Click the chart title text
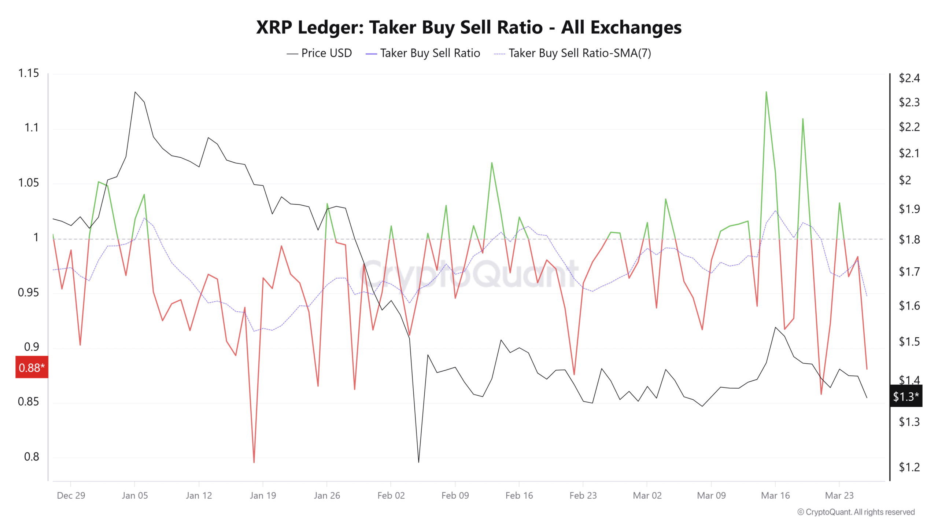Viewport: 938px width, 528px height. (x=469, y=27)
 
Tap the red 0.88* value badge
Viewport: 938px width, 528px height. (x=32, y=367)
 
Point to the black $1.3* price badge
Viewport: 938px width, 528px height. (x=905, y=396)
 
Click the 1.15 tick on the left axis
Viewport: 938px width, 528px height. (x=29, y=73)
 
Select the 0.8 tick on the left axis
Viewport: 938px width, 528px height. (x=32, y=456)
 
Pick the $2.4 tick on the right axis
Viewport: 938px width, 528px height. (x=909, y=78)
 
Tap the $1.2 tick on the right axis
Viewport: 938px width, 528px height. (x=909, y=467)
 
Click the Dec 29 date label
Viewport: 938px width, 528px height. (x=71, y=495)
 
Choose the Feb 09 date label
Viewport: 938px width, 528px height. (x=455, y=495)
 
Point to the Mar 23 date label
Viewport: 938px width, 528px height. (x=839, y=495)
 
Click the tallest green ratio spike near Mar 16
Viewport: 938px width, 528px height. (x=766, y=92)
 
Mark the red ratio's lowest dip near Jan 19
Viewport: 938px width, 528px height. (x=254, y=462)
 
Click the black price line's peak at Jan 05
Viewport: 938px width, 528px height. (x=135, y=92)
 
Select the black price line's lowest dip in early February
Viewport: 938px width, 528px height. (x=418, y=462)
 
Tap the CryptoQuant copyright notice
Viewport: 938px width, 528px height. (x=856, y=512)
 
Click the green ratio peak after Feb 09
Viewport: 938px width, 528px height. (x=492, y=163)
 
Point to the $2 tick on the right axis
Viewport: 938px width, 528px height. (x=905, y=180)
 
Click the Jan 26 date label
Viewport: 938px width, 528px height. (x=327, y=495)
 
